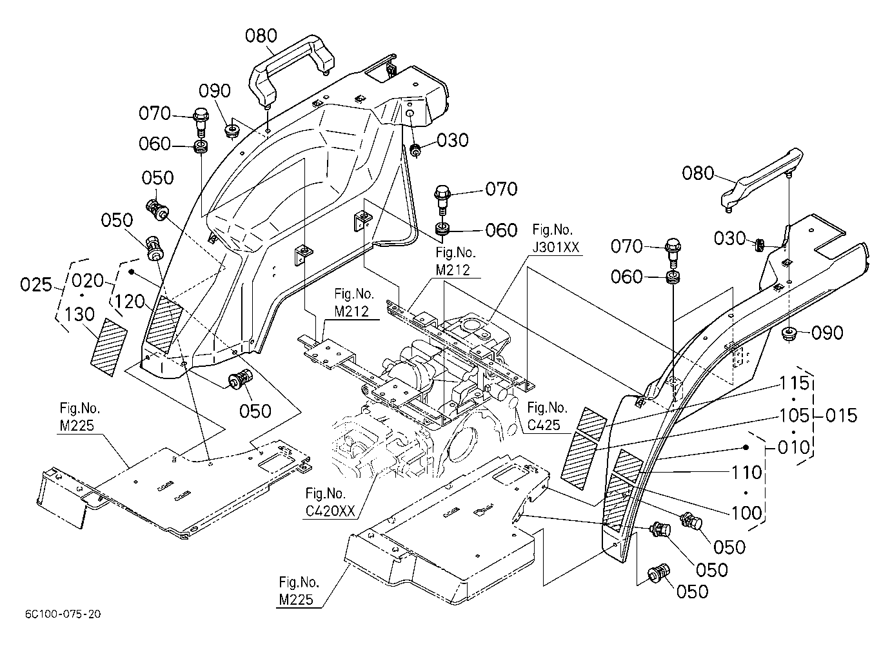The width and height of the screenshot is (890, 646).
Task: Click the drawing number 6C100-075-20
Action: [x=63, y=614]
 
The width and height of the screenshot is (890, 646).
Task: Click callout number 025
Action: [x=36, y=284]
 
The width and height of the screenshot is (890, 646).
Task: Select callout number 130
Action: [x=79, y=314]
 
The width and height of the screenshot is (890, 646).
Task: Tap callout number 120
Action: [x=130, y=302]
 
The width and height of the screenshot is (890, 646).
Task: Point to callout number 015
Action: [x=841, y=416]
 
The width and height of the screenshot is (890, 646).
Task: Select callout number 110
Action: [x=747, y=473]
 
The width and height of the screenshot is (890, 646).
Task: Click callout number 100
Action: [x=747, y=513]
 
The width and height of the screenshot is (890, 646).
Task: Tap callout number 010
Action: [x=793, y=447]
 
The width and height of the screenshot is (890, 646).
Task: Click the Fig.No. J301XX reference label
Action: [x=555, y=239]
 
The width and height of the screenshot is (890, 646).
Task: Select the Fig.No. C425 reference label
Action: [x=547, y=416]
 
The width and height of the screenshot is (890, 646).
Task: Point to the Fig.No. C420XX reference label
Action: [x=330, y=502]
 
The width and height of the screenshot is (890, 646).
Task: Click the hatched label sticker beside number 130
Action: [x=109, y=347]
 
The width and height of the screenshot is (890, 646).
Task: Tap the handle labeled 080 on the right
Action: [x=761, y=181]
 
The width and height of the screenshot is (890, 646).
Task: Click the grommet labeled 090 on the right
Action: [x=789, y=333]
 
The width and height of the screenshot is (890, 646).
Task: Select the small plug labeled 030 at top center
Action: [x=416, y=150]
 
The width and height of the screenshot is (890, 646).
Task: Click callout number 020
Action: [x=88, y=281]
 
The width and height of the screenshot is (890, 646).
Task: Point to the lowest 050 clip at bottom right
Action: [x=658, y=573]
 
